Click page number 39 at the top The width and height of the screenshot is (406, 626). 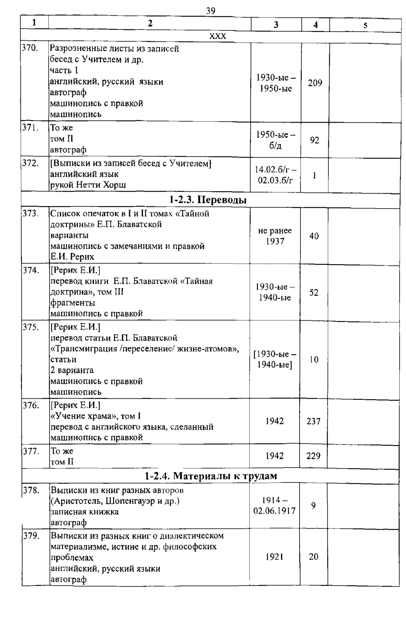pos(210,11)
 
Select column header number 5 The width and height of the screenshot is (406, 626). pos(365,25)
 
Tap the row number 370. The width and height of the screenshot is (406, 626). pos(30,48)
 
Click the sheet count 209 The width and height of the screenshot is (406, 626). pos(315,83)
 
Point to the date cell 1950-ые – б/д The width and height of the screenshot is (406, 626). pos(276,140)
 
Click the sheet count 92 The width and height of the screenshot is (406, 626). pos(314,140)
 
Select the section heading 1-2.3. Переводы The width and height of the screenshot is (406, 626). pos(208,200)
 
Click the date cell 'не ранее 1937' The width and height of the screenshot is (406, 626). pos(275,236)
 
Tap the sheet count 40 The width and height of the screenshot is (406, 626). pos(314,236)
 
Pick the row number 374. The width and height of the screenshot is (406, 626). pos(31,270)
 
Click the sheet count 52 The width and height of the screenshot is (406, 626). pos(314,292)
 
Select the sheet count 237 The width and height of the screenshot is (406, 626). pos(314,421)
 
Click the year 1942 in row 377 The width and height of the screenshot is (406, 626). pos(275,456)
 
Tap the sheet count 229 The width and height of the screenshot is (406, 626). pos(314,456)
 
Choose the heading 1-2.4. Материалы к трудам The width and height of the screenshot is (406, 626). pos(211,476)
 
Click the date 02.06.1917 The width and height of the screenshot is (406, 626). pos(274,511)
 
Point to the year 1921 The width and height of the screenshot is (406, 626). pos(275,557)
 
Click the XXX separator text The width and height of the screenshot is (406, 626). pos(218,37)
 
